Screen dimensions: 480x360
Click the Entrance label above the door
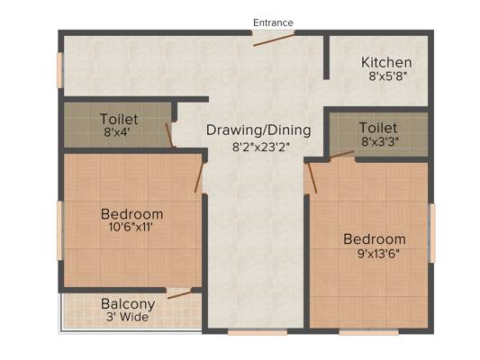(273, 22)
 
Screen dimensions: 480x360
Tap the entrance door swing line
(274, 40)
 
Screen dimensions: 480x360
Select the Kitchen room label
(386, 62)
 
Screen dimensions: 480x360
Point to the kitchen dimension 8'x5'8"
(388, 76)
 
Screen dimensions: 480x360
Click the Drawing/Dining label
(258, 130)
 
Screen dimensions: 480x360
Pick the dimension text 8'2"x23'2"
(261, 147)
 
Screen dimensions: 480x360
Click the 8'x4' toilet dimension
(117, 132)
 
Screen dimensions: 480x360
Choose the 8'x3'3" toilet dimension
(380, 141)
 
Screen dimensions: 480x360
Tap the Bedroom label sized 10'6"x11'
(132, 214)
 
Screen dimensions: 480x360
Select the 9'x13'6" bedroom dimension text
(378, 254)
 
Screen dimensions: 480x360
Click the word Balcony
(128, 304)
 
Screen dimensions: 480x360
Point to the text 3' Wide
(127, 317)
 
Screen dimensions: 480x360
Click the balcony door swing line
(180, 294)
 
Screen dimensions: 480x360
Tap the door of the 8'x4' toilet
(169, 135)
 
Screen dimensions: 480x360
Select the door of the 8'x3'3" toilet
(341, 155)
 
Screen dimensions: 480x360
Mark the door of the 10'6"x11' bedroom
(199, 177)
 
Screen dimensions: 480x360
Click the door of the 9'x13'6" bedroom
(312, 177)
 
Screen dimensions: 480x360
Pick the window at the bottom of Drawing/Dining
(258, 332)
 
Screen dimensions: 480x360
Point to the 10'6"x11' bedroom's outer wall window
(60, 230)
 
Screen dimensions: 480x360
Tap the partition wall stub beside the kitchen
(327, 58)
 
